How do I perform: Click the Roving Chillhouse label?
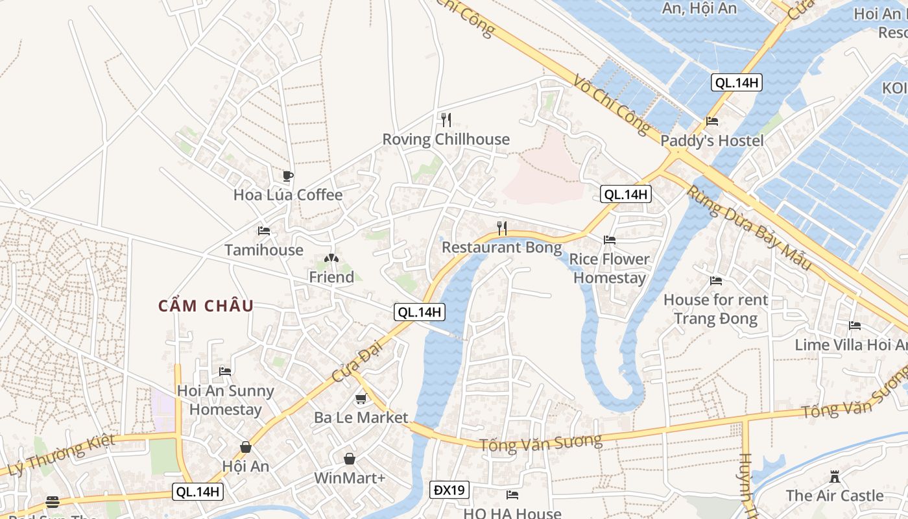(446, 139)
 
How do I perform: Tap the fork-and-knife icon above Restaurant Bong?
(501, 228)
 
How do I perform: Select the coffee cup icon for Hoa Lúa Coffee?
(288, 176)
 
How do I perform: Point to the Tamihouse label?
(263, 250)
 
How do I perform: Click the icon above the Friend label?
(331, 259)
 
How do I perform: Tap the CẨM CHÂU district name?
(206, 306)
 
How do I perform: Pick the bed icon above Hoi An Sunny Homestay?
(225, 371)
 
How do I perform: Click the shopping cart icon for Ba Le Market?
(361, 398)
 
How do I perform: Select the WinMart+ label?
(350, 478)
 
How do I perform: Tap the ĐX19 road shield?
(449, 490)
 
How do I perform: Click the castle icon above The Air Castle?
(835, 477)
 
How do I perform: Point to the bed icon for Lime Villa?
(855, 326)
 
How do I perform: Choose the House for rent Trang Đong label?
(715, 309)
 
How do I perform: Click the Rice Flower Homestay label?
(609, 269)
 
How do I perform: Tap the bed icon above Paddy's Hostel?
(712, 121)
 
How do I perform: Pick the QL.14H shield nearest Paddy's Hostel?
(736, 82)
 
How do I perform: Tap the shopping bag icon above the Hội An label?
(246, 447)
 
